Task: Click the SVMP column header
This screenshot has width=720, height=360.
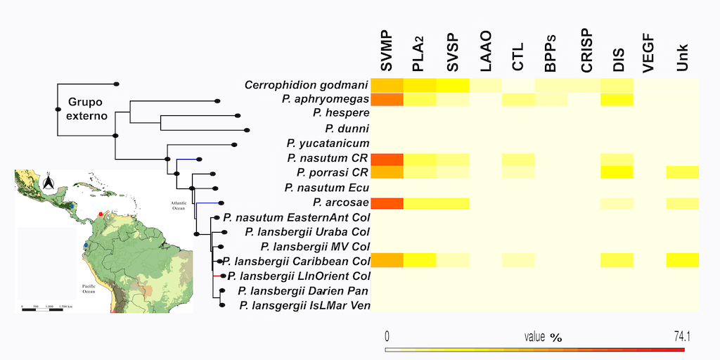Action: pos(387,51)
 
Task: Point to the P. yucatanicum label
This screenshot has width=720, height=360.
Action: pos(328,143)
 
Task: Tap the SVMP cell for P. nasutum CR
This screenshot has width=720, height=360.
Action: pos(387,159)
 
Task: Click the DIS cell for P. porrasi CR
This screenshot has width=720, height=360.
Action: pos(617,173)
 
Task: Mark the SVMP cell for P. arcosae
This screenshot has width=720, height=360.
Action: pos(387,203)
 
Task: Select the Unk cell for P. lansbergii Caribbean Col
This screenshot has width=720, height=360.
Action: pos(682,261)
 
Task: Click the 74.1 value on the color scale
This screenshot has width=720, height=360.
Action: pos(681,337)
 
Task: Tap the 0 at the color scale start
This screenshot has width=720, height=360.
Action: pos(387,337)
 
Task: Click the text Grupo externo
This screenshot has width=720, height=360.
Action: pos(88,109)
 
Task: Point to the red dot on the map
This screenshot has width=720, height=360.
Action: pos(101,212)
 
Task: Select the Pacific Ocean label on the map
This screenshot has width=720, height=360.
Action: pos(88,289)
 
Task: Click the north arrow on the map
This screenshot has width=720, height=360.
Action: pos(48,183)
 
